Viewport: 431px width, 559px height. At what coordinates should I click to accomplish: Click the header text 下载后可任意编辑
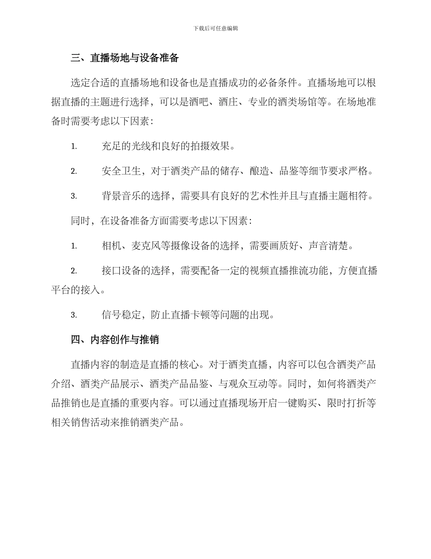pyautogui.click(x=215, y=28)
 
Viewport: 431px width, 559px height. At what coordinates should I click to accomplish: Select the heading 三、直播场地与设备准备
pyautogui.click(x=125, y=58)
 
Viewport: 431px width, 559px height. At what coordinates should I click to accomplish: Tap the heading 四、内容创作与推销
pyautogui.click(x=115, y=339)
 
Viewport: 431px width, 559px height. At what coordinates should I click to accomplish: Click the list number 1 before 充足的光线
pyautogui.click(x=73, y=146)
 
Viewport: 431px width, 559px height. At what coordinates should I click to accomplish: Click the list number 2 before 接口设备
pyautogui.click(x=73, y=271)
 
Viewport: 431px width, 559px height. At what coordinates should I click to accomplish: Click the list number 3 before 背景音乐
pyautogui.click(x=73, y=196)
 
